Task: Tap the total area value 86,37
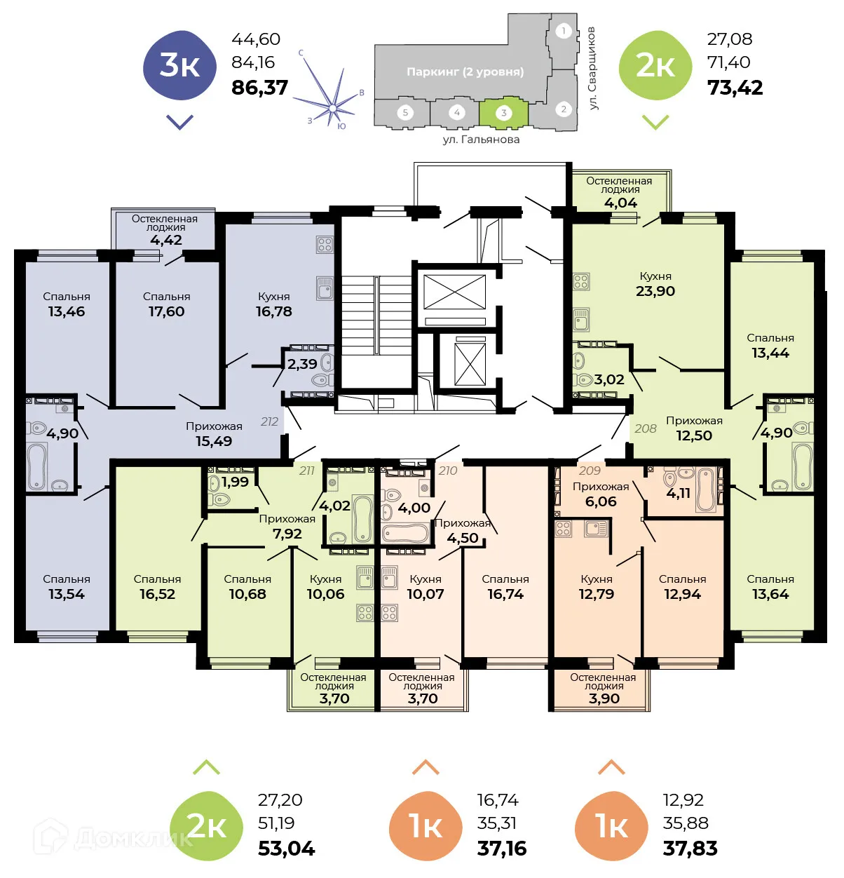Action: [259, 88]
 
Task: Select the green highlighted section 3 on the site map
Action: [503, 112]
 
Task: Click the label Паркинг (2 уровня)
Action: [465, 72]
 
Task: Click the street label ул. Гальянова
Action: [481, 140]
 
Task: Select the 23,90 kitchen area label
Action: [655, 291]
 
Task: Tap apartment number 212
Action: [269, 421]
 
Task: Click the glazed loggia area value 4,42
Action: [165, 240]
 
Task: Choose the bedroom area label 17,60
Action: [166, 311]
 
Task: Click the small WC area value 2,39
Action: [302, 364]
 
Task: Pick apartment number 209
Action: [590, 471]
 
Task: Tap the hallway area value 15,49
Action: [214, 441]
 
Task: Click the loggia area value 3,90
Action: [604, 698]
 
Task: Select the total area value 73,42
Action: [735, 88]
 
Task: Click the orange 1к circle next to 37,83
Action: [611, 826]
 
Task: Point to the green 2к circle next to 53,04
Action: [206, 826]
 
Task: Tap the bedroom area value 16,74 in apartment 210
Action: [505, 594]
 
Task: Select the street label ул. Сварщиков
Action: [592, 68]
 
